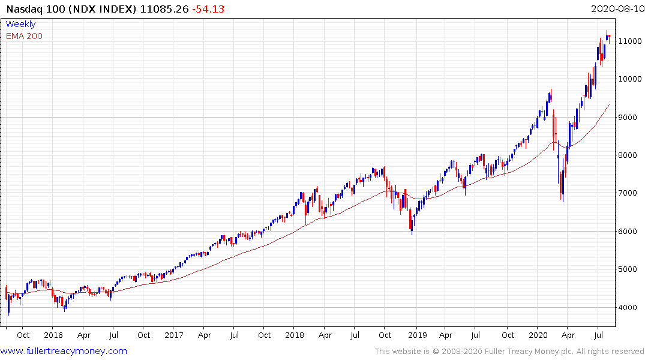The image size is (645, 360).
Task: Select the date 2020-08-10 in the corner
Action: click(x=616, y=10)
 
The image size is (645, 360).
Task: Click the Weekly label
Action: click(x=20, y=24)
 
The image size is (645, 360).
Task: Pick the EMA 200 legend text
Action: click(x=24, y=36)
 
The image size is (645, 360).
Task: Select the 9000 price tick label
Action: click(x=631, y=117)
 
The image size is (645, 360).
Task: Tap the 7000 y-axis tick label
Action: click(x=631, y=193)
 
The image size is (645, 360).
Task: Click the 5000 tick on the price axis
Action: click(x=631, y=269)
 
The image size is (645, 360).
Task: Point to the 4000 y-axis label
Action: click(x=631, y=307)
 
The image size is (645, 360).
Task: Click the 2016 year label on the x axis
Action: click(x=53, y=335)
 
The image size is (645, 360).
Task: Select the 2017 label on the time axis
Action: click(x=173, y=335)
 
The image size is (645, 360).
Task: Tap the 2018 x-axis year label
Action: click(x=295, y=335)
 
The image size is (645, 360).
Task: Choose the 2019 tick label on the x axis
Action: click(x=416, y=335)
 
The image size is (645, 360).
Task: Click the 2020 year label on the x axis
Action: click(x=537, y=335)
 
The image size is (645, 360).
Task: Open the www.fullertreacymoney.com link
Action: click(x=64, y=351)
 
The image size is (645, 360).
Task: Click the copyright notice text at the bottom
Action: click(x=509, y=351)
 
